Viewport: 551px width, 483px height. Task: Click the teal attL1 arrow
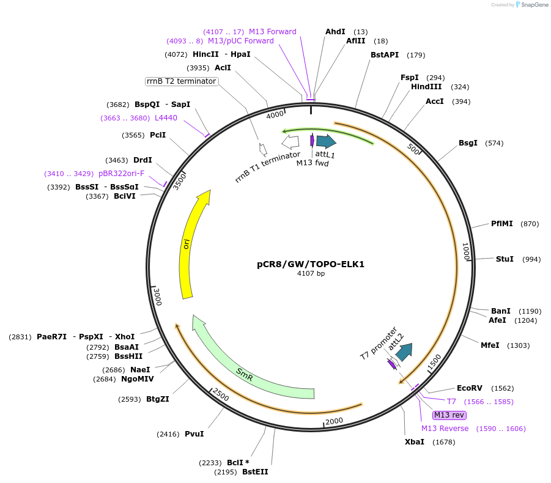325,141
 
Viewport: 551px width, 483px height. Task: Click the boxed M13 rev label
449,415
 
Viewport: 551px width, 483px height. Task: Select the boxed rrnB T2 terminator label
182,81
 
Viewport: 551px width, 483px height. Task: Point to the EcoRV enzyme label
470,388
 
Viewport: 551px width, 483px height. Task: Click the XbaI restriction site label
414,442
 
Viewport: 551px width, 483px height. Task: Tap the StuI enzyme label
505,259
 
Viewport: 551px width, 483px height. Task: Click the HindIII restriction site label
426,87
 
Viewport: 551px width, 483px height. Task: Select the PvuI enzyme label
194,434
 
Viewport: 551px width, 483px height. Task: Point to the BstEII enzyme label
255,472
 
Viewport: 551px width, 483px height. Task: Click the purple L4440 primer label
166,118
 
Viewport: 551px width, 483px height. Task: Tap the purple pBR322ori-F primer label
121,174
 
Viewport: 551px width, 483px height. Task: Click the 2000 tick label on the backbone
334,421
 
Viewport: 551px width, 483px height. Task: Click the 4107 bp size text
311,274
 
